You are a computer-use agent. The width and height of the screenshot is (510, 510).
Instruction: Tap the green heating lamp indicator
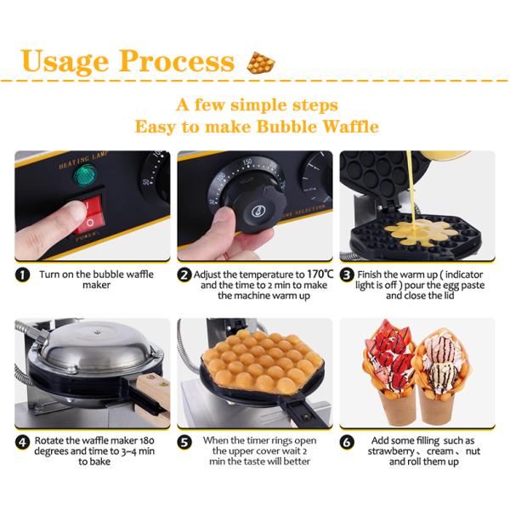86,175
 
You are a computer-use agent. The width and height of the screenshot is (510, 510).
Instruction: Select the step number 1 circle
22,275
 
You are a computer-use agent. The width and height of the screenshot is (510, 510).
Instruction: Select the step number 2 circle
184,275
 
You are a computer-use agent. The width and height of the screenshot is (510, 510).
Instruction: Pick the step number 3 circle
347,275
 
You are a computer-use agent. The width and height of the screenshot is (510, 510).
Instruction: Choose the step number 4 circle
22,442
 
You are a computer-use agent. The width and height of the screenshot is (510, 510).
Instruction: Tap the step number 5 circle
184,442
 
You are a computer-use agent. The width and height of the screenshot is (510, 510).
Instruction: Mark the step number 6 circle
347,442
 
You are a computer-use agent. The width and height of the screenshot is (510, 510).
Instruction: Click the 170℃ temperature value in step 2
320,275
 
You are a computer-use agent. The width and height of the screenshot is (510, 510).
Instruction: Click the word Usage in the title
64,61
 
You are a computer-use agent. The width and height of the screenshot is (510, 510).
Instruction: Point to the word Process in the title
176,61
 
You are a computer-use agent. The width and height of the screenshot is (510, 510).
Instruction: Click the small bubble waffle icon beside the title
261,62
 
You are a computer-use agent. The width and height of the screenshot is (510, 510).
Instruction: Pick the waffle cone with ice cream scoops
439,374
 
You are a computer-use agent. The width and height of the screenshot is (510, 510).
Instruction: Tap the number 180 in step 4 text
147,440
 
